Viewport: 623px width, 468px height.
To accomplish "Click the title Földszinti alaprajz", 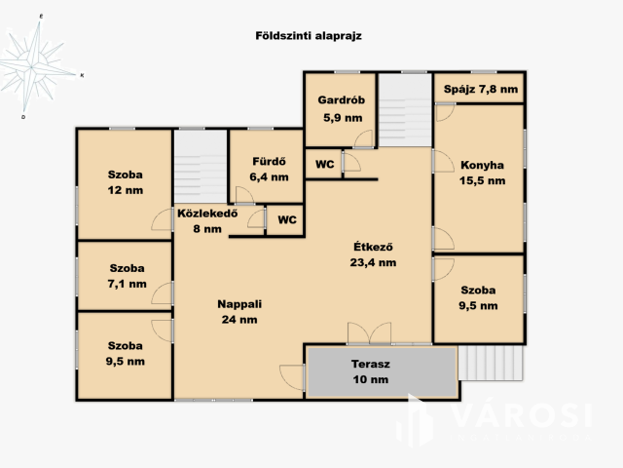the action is [x=309, y=36].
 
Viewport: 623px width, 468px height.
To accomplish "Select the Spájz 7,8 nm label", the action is [x=481, y=89].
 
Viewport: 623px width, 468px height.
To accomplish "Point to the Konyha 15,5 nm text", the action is [x=483, y=173].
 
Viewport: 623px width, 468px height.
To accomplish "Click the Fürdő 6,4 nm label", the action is [x=269, y=169].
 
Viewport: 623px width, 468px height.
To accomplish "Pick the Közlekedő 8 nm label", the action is [x=207, y=221].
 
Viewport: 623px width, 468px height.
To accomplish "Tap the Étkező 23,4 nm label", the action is [x=373, y=254].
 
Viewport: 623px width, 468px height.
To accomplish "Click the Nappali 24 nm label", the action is [x=239, y=312].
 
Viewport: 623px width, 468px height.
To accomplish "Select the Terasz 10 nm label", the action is [x=371, y=371].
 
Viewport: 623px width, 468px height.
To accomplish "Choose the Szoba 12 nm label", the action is [x=126, y=182].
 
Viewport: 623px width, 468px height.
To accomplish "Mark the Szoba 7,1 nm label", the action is [x=128, y=276].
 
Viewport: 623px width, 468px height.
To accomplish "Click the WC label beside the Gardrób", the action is [x=324, y=164].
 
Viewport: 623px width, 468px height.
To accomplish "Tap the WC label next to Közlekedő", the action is [x=287, y=219].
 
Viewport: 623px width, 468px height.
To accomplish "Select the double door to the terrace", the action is [x=369, y=332].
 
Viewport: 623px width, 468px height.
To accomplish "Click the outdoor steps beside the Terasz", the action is [x=491, y=363].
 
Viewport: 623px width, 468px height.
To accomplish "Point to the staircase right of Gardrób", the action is [x=405, y=110].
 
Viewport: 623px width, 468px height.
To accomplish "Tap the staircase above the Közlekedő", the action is [x=201, y=167].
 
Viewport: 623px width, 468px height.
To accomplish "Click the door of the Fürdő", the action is [x=244, y=195].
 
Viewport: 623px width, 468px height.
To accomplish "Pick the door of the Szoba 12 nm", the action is [x=163, y=219].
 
